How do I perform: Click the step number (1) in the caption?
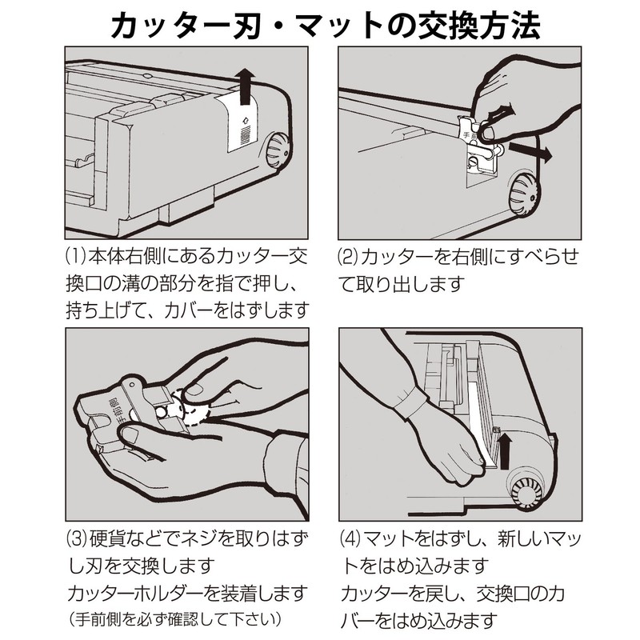[74, 260]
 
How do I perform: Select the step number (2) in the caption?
[350, 260]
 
